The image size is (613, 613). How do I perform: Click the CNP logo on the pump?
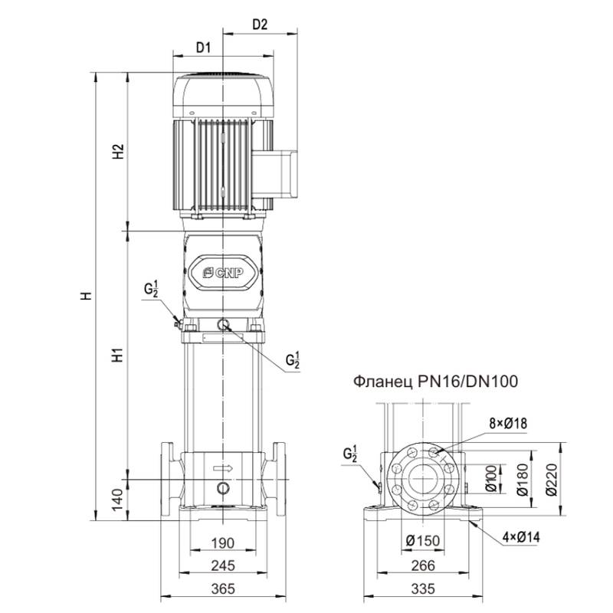[x=222, y=270]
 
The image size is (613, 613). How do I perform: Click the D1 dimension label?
[x=202, y=47]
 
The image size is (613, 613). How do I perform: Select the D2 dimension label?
[x=260, y=25]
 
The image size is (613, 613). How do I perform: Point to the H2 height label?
[x=117, y=152]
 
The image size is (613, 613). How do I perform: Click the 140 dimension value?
[x=117, y=500]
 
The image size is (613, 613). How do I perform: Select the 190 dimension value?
[x=222, y=543]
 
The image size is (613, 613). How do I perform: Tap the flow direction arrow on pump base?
[x=222, y=467]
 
